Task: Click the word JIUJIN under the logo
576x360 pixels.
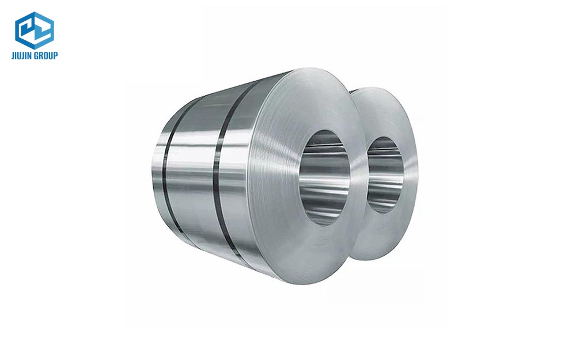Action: coord(24,56)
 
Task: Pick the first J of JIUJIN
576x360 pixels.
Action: coord(13,56)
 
